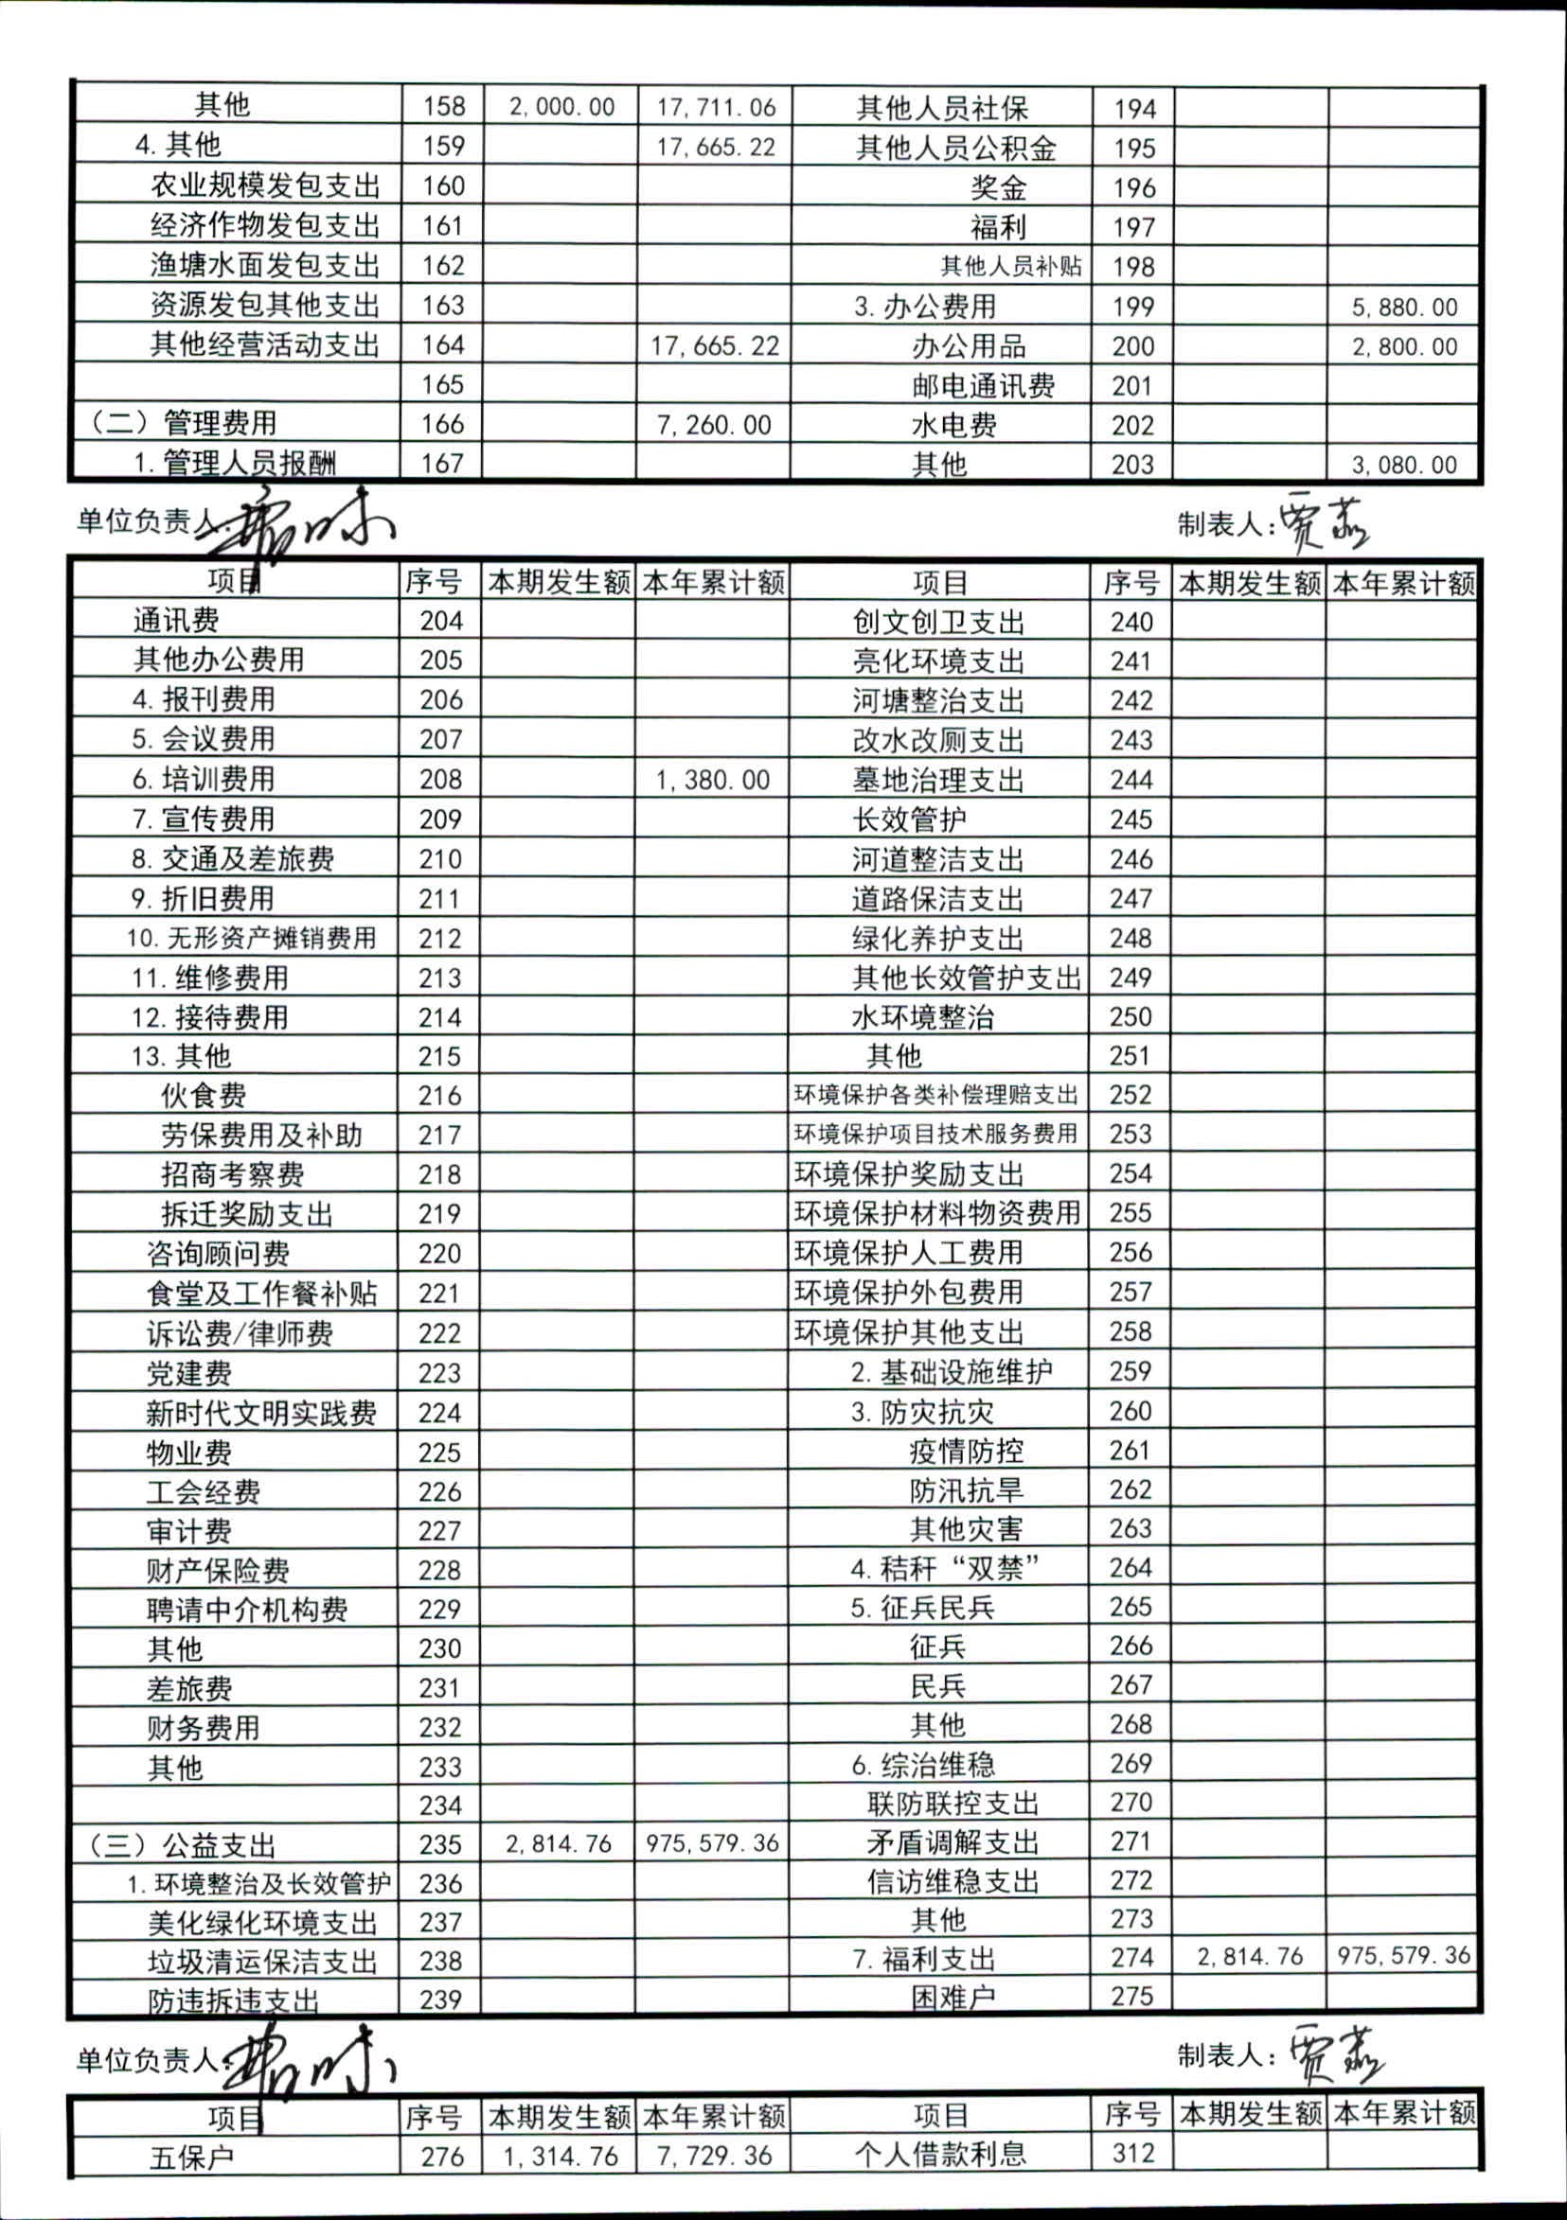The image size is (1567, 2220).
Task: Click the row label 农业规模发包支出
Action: coord(264,185)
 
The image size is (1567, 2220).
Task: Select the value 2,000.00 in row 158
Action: coord(562,106)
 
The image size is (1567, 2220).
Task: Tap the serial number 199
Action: coord(1132,307)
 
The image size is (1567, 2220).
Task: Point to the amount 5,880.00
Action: coord(1404,308)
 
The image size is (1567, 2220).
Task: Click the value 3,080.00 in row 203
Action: coord(1404,465)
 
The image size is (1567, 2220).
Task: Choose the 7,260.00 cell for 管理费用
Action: coord(714,425)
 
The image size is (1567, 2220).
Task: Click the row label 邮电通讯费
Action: coord(983,386)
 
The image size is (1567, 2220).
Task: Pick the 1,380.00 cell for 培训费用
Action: coord(713,780)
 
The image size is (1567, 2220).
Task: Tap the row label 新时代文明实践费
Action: coord(261,1413)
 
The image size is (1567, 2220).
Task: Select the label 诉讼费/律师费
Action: coord(240,1333)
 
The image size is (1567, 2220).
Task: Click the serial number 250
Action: coord(1131,1016)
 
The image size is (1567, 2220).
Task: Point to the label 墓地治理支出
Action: coord(937,780)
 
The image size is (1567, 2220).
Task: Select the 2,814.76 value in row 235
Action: coord(559,1844)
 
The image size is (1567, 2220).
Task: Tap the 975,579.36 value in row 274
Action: coord(1403,1956)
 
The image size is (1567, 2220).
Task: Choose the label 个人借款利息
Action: coord(939,2155)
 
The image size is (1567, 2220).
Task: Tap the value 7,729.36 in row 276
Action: coord(713,2157)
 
